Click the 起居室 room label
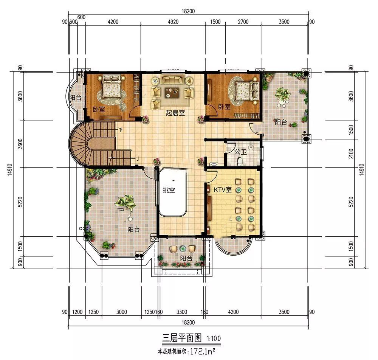[x=175, y=113]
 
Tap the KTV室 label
[x=223, y=190]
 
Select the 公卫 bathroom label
[x=240, y=152]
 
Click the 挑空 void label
[x=169, y=191]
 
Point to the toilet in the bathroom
[x=239, y=162]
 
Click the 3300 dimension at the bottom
[x=182, y=312]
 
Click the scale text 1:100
[x=214, y=338]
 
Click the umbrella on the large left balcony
[x=125, y=203]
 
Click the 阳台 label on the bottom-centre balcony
[x=186, y=258]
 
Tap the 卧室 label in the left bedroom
[x=99, y=110]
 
